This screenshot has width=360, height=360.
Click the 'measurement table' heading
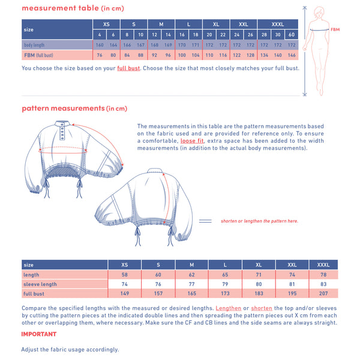(60, 8)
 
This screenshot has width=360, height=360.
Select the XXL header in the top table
(243, 24)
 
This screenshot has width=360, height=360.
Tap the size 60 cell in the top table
(292, 35)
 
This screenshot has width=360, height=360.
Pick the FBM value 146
(292, 55)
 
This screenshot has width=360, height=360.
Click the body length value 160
(100, 45)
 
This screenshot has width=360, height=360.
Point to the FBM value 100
(182, 55)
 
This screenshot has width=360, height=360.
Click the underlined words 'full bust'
(128, 68)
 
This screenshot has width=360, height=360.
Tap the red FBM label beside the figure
(335, 29)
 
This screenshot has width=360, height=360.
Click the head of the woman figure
(319, 12)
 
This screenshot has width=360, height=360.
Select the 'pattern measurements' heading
(63, 108)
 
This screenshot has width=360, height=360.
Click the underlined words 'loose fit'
(192, 141)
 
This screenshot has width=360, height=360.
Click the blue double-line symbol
(205, 221)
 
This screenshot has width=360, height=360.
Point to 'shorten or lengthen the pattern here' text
(259, 221)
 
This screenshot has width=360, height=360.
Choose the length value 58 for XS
(125, 275)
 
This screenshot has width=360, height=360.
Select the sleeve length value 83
(323, 284)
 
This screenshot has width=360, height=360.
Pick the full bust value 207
(323, 293)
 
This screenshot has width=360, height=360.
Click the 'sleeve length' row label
(40, 284)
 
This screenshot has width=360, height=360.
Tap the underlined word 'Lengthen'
(229, 308)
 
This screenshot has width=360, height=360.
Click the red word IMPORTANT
(39, 334)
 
